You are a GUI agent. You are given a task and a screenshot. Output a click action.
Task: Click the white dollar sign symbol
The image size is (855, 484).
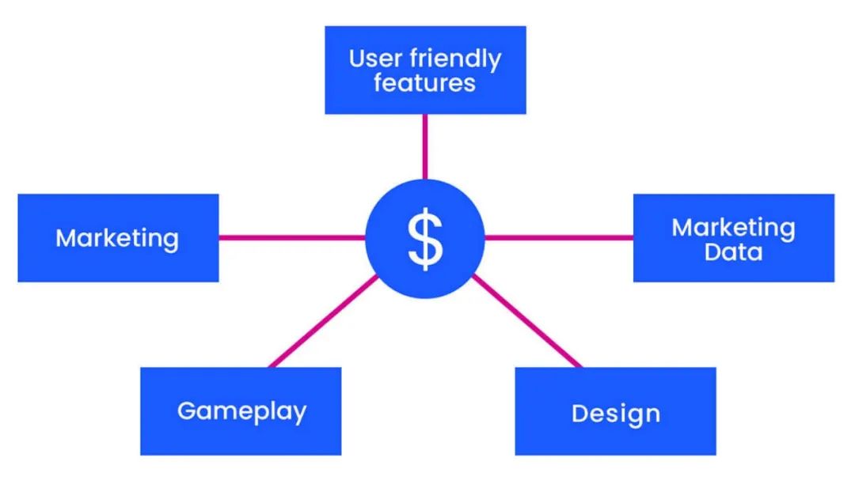coord(425,238)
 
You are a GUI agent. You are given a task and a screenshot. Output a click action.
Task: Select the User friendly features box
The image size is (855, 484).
coord(425,99)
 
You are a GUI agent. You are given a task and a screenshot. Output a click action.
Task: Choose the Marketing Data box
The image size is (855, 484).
coord(733,269)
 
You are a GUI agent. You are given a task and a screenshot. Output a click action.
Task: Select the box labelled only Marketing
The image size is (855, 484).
coord(118,265)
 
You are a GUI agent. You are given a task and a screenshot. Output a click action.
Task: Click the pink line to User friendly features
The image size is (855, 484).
coord(425,146)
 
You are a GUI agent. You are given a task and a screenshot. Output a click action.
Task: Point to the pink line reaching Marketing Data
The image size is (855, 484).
coord(558,237)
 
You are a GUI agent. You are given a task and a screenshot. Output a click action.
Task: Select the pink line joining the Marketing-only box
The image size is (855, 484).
coord(291,237)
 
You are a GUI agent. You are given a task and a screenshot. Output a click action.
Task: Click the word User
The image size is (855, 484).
coord(376,59)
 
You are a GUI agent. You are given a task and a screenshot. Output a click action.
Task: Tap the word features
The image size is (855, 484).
coord(424,82)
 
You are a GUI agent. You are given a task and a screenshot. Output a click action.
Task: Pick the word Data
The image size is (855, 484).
coord(733,252)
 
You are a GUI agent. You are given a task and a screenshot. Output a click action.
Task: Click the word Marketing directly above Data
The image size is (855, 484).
coord(733,228)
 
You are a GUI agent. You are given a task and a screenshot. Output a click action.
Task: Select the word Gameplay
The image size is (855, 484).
coord(241,411)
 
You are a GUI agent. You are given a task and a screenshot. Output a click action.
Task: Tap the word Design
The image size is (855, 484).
coord(615,414)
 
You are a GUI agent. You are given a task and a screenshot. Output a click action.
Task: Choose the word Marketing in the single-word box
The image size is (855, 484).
coord(117,238)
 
